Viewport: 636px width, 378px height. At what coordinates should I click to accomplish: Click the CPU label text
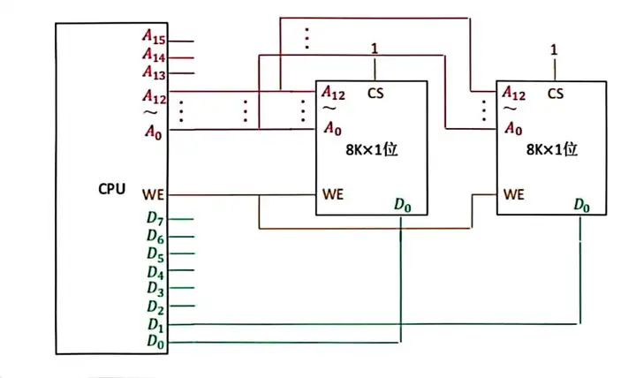click(111, 189)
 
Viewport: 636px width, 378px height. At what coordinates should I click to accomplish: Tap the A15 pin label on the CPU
click(154, 37)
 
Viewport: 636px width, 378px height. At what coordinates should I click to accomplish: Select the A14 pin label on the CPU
click(154, 55)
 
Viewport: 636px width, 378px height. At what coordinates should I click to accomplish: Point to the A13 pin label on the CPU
click(154, 72)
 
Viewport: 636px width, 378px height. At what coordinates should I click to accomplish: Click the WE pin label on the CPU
click(154, 194)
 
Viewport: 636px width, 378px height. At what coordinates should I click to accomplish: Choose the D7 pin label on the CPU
click(155, 219)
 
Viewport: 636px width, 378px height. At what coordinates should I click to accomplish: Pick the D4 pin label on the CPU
click(155, 272)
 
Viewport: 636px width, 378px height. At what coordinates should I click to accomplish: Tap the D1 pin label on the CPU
click(155, 325)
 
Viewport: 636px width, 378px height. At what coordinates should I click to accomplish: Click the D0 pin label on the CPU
click(155, 342)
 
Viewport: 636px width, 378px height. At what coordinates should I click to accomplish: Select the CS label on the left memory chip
click(375, 94)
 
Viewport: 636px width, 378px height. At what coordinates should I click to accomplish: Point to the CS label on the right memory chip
click(556, 94)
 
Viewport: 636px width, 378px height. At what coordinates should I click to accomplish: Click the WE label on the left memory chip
click(333, 194)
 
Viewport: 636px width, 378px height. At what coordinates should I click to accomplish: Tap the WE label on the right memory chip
click(514, 194)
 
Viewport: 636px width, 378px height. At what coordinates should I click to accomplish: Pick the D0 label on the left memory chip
click(403, 205)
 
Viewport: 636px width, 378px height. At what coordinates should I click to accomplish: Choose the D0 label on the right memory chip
click(581, 205)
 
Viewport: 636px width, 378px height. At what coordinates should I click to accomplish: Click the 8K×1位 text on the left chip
click(372, 150)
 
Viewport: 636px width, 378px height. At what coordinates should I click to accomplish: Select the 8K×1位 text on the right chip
click(552, 149)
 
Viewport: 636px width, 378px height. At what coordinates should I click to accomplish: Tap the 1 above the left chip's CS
click(375, 49)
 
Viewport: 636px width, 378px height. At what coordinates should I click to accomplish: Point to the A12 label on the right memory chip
click(514, 94)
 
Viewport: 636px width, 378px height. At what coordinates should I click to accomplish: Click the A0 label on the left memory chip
click(333, 129)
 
